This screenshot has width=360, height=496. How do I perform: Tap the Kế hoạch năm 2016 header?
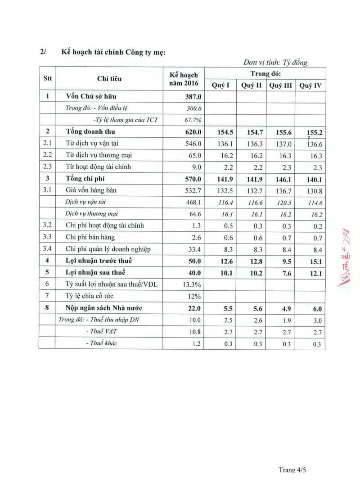click(x=184, y=79)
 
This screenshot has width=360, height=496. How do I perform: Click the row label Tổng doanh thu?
click(x=88, y=132)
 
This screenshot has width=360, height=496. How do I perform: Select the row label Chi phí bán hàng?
click(x=90, y=237)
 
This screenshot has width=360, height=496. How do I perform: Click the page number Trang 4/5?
click(x=292, y=470)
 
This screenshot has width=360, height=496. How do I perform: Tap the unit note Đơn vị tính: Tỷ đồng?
click(x=275, y=63)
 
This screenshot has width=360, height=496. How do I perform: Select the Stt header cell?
click(x=47, y=78)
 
